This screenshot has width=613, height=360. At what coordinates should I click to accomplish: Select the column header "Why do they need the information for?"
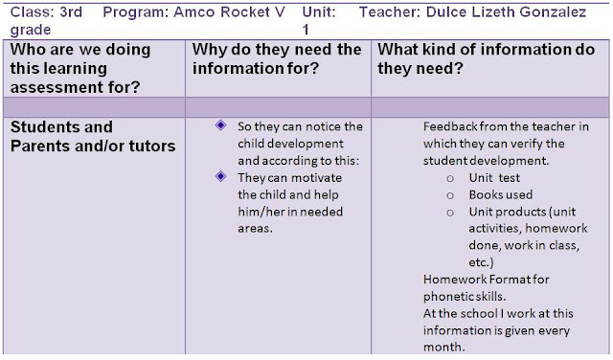pos(277,58)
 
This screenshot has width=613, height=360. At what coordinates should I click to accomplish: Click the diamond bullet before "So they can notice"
pos(221,125)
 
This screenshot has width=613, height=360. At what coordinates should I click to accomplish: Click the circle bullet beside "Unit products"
pos(450,212)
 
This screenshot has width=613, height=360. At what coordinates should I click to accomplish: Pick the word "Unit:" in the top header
pos(321,13)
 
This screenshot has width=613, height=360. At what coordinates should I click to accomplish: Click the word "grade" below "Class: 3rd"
pos(30,30)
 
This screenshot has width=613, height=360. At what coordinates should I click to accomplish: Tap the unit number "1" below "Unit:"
pos(306,30)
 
